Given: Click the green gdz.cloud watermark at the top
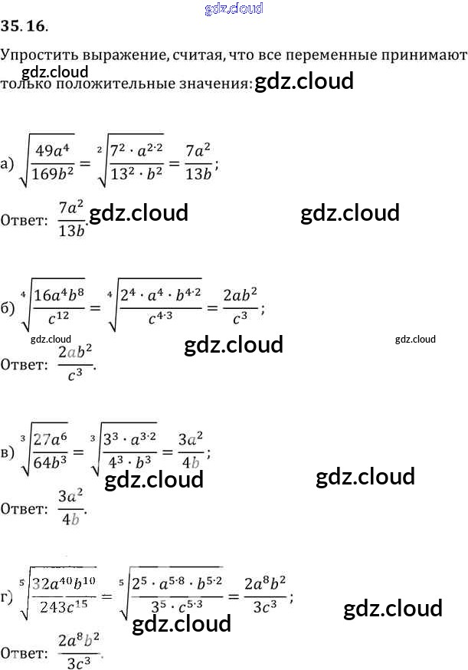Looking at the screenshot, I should [235, 8].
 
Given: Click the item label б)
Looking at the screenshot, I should [8, 308].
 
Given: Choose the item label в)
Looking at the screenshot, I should [8, 452].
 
